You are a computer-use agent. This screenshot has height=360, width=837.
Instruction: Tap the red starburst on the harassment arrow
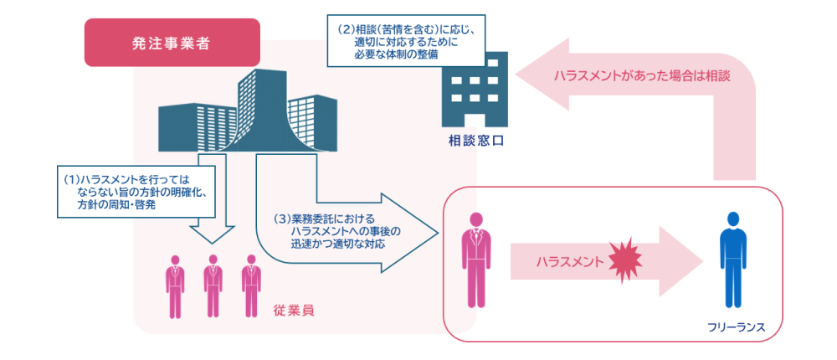pos(627,260)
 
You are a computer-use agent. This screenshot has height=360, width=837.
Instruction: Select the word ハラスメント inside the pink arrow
pos(569,261)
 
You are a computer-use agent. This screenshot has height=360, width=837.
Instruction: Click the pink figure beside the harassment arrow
pos(475,260)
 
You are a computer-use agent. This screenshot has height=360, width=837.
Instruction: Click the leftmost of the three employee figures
pos(175,285)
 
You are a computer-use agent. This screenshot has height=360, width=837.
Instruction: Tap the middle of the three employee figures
pos(212,285)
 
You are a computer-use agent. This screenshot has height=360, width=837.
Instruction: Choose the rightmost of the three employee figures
pos(249,285)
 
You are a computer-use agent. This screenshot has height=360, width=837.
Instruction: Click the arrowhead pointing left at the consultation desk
pos(536,75)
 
